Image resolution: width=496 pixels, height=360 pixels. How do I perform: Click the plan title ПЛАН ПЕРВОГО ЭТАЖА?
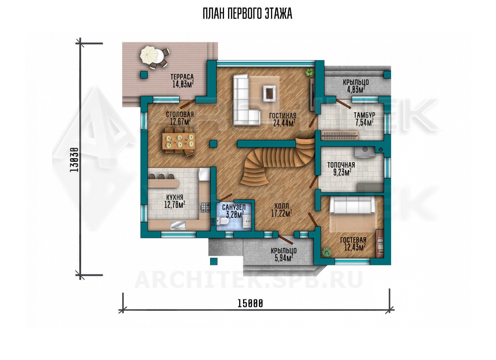pos(248,14)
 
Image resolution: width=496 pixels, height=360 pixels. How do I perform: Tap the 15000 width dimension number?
pos(250,303)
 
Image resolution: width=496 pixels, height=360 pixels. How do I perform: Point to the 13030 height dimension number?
pos(74,160)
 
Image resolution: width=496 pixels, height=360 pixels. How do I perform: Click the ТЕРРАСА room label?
pos(182,77)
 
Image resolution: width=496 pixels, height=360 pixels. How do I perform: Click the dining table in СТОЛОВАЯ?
pos(179,141)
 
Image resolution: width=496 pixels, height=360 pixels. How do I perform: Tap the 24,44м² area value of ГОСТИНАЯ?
pos(284,123)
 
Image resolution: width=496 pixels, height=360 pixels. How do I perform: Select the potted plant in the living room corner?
pos(310,72)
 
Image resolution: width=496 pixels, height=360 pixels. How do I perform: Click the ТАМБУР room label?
pos(364,115)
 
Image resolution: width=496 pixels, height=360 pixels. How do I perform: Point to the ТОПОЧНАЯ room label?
pos(341,165)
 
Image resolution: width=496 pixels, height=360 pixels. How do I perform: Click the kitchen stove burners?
pos(205,208)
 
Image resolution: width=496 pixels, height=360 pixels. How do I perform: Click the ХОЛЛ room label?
pos(281,206)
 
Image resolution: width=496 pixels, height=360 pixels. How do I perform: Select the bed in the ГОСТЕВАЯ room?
pos(352,215)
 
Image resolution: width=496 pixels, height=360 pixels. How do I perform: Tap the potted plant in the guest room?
pos(326,252)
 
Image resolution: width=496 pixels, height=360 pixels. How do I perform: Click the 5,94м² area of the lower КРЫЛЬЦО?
pos(284,258)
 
